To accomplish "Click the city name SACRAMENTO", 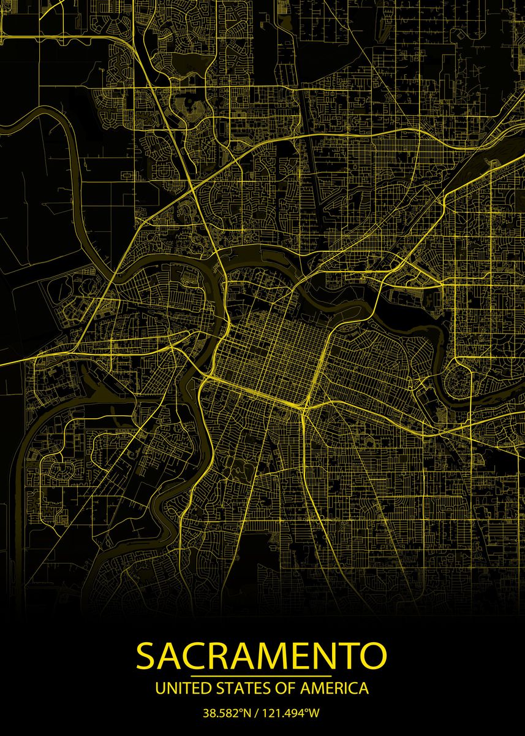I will (x=262, y=656).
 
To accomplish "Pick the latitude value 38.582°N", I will (x=227, y=713).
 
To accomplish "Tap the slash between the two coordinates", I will (x=257, y=713).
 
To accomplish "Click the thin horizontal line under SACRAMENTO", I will (x=262, y=675).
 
